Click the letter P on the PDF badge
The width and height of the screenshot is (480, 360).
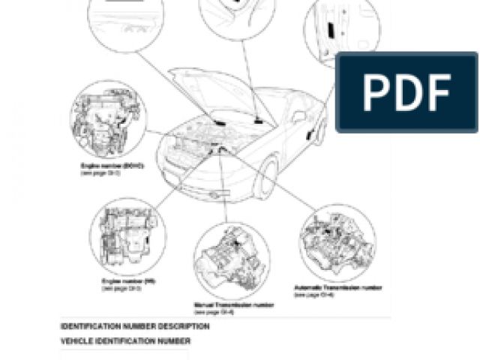pyautogui.click(x=374, y=93)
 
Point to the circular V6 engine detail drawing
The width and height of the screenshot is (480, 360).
pyautogui.click(x=127, y=237)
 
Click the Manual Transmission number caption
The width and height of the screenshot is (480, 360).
pyautogui.click(x=233, y=305)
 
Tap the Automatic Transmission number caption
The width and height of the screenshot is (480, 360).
pyautogui.click(x=338, y=288)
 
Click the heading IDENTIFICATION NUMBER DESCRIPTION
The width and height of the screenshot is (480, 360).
pyautogui.click(x=135, y=327)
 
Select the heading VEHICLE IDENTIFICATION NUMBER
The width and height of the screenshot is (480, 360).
pyautogui.click(x=125, y=341)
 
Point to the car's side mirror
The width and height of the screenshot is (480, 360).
pyautogui.click(x=298, y=117)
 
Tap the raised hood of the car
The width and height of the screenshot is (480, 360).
pyautogui.click(x=217, y=90)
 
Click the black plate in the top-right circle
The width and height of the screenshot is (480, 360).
pyautogui.click(x=331, y=30)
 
